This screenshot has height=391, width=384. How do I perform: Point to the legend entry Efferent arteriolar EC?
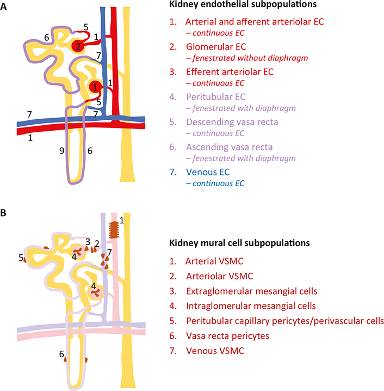click(228, 71)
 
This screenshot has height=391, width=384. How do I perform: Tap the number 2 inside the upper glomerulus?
click(78, 46)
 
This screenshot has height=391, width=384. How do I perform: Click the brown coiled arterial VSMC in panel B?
click(114, 229)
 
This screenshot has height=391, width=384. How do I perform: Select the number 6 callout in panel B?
click(61, 355)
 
